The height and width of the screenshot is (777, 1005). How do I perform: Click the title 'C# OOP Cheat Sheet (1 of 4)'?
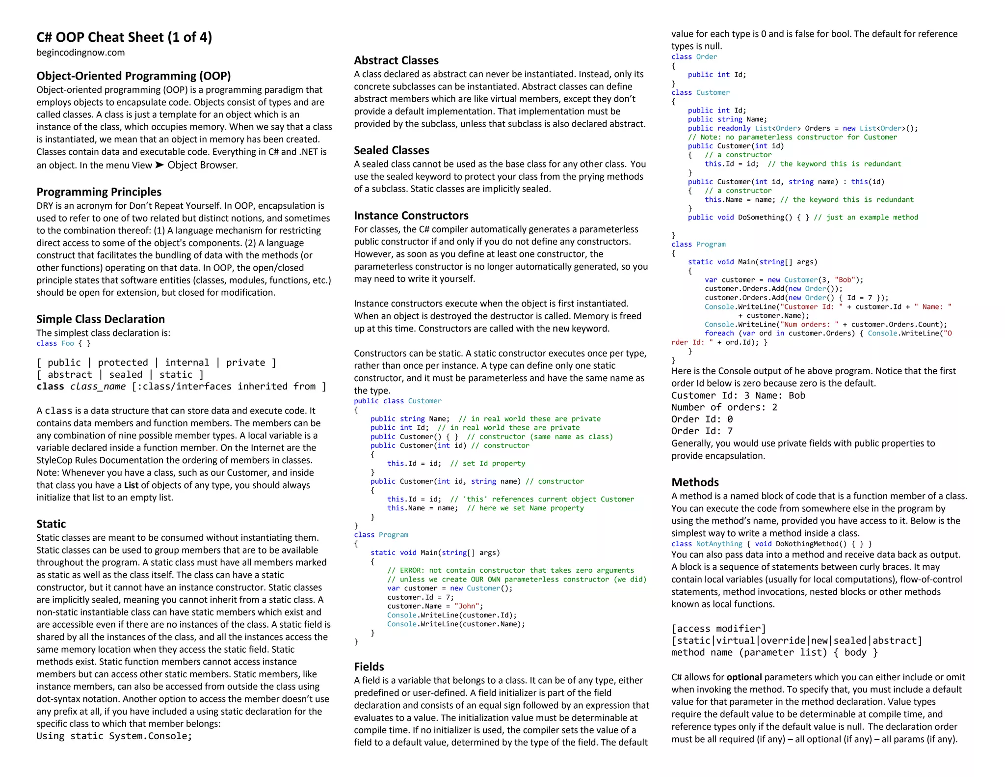pos(124,37)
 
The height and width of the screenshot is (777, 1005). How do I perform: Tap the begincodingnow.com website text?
pos(80,53)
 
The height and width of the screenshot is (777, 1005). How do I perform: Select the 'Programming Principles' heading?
pos(99,192)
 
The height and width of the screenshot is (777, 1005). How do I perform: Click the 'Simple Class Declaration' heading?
pos(101,319)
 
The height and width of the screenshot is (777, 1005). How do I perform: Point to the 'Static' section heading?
pos(51,524)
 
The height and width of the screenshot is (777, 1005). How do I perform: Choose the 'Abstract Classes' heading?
pos(396,60)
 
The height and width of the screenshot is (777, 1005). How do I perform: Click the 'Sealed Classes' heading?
pos(391,150)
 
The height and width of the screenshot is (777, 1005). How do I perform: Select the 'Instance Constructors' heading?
pos(411,216)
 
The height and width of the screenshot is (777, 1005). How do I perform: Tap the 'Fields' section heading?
pos(369,667)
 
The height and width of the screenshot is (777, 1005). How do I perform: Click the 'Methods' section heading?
pos(695,482)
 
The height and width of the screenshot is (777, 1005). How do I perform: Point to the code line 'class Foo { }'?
pos(63,343)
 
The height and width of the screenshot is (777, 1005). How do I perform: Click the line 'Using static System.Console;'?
pos(114,736)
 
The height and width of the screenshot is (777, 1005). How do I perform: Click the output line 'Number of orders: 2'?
pos(724,407)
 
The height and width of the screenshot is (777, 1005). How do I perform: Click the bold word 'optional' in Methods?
pos(744,677)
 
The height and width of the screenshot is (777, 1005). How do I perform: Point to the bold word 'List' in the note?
pos(131,485)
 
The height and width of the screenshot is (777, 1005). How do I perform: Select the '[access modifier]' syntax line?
pos(718,629)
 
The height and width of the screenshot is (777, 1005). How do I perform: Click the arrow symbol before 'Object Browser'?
pos(159,165)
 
